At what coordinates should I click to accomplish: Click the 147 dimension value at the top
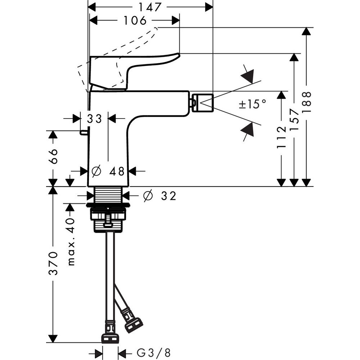pos(150,7)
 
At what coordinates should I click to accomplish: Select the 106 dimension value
pos(135,21)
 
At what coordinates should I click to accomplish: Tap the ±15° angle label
pos(253,104)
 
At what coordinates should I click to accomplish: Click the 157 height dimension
pos(294,117)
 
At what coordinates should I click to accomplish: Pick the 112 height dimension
pos(282,137)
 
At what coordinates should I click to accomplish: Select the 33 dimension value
pos(94,118)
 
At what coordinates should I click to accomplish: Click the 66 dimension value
pos(53,156)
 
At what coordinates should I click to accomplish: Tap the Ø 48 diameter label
pos(108,171)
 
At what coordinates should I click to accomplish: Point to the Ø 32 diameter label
pos(159,196)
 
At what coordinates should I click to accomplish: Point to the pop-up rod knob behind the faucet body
pos(84,133)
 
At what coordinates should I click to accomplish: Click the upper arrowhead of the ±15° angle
pos(248,75)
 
